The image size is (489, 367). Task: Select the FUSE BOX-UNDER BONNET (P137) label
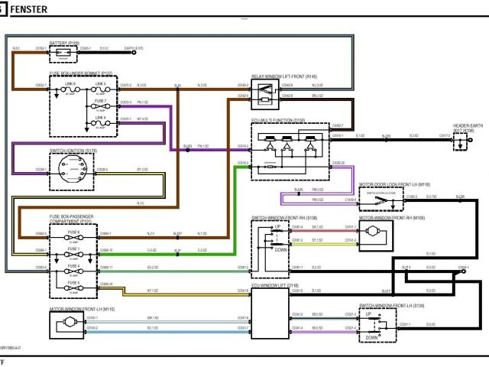point(81,73)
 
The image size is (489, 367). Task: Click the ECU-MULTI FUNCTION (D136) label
point(278,120)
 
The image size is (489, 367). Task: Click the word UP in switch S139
point(369,314)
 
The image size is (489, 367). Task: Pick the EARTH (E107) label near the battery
point(134,47)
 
